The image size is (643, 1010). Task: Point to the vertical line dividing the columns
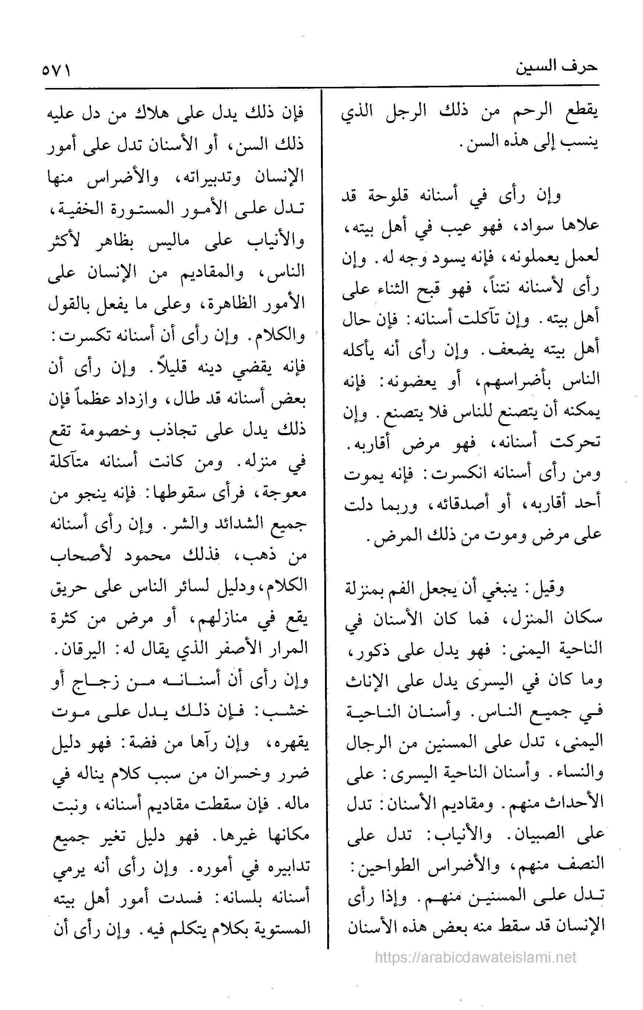tap(324, 503)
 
